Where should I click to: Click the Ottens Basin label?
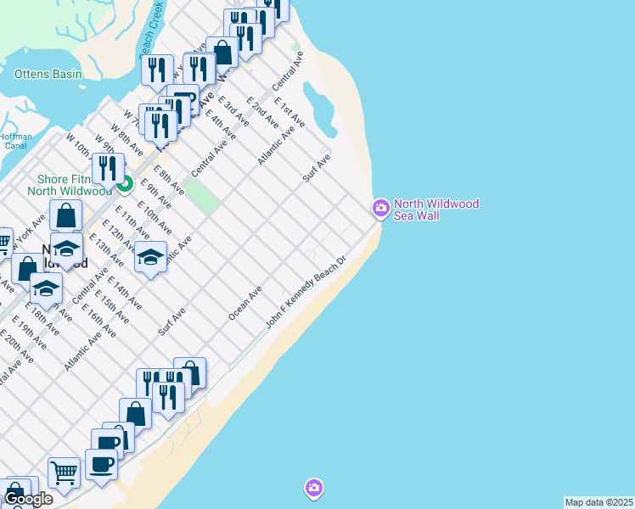click(x=48, y=74)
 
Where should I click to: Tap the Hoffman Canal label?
click(x=15, y=141)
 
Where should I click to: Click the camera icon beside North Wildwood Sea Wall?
click(x=380, y=207)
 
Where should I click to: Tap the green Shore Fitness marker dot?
click(x=125, y=183)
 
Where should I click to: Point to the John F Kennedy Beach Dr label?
click(x=307, y=293)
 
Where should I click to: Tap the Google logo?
click(x=27, y=499)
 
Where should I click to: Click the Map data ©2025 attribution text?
click(x=598, y=502)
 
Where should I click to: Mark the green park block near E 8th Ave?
click(x=201, y=196)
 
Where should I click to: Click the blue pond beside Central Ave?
click(x=317, y=105)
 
